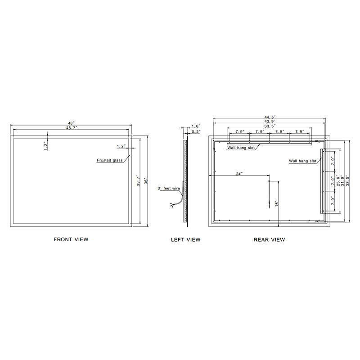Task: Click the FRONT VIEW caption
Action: click(x=71, y=239)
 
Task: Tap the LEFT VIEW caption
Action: click(x=185, y=240)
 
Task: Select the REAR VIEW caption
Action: click(x=269, y=240)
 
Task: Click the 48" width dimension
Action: click(x=72, y=123)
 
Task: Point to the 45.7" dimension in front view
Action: click(x=72, y=128)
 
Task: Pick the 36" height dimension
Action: click(x=146, y=181)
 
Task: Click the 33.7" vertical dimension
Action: click(x=139, y=181)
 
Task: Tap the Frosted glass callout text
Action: click(x=110, y=160)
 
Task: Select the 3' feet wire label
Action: click(x=169, y=188)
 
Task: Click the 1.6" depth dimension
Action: click(x=196, y=126)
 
